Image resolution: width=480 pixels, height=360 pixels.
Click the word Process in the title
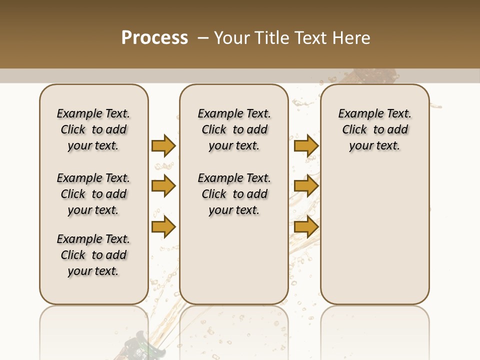[x=154, y=38]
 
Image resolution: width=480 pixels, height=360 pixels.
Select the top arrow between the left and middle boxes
[x=163, y=145]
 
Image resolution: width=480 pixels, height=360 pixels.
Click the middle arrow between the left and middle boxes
[x=163, y=186]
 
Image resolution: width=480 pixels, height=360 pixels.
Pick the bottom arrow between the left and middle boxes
[x=163, y=226]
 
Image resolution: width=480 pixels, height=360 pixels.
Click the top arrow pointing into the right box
[x=306, y=145]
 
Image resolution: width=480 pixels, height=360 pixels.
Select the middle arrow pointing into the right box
[x=306, y=186]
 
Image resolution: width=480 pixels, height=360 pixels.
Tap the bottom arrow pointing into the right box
[x=306, y=226]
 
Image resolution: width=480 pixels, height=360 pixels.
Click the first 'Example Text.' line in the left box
[x=93, y=113]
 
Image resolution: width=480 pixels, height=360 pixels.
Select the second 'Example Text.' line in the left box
[x=93, y=178]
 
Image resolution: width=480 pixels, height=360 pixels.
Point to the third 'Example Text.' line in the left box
[x=93, y=239]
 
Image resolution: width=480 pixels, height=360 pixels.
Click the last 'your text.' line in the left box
[x=93, y=271]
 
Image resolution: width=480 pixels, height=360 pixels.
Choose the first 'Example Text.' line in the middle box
[x=234, y=113]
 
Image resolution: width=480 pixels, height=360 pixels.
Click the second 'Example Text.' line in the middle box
[x=234, y=178]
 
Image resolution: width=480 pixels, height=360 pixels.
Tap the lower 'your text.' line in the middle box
[x=234, y=210]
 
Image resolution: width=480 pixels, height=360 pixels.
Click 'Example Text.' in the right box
[x=374, y=113]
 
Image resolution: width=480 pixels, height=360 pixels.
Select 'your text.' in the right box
[x=374, y=145]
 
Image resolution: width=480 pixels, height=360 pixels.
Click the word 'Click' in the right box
[x=354, y=129]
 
